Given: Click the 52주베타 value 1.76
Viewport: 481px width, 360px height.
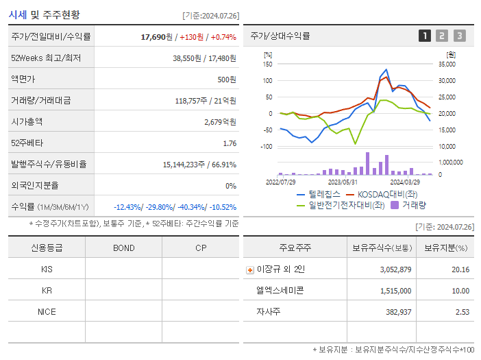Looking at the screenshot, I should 230,143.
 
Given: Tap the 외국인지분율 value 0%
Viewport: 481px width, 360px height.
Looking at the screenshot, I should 231,186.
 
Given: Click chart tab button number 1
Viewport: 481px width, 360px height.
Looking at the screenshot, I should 425,36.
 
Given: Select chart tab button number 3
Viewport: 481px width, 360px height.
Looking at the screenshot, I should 459,36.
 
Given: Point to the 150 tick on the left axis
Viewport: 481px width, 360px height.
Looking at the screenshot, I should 267,64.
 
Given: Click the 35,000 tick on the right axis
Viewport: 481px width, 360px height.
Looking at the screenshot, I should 446,64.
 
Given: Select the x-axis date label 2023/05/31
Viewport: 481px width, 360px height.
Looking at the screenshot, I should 343,182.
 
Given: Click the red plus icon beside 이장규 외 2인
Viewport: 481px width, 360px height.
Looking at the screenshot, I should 249,270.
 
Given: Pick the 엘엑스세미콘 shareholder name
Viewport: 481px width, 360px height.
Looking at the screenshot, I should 280,291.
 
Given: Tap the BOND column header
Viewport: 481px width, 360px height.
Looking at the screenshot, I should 123,248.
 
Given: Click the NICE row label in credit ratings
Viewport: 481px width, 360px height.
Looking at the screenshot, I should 47,312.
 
